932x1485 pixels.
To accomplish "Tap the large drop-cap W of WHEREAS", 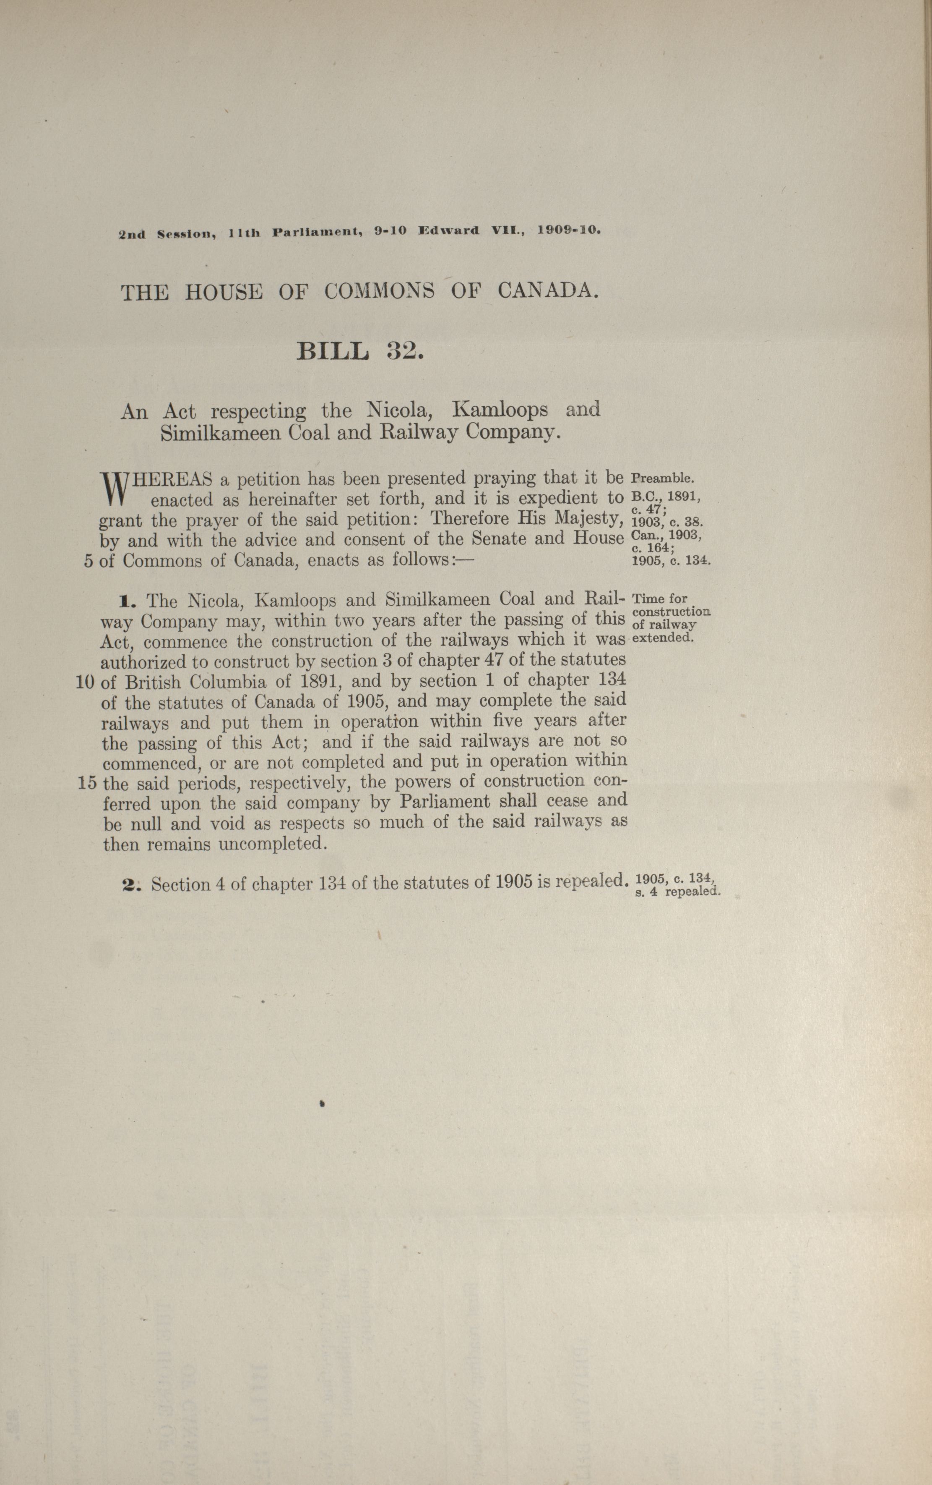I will point(113,487).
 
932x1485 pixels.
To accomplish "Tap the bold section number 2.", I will point(131,885).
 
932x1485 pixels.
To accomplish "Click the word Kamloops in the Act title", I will point(500,410).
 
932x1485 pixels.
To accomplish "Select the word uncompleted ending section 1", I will point(271,844).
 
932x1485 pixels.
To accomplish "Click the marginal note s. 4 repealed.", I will point(676,892).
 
